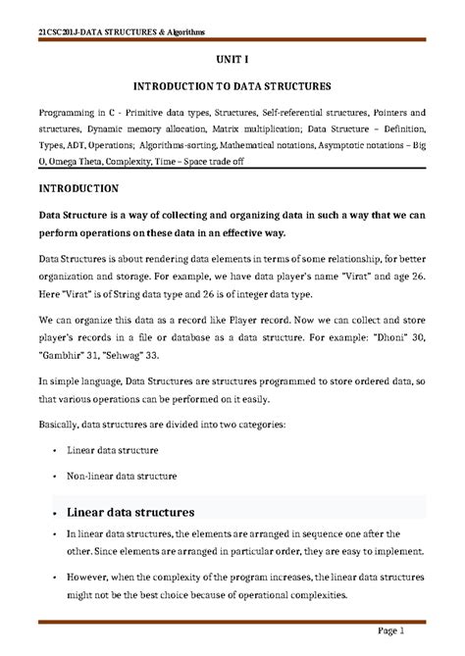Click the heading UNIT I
click(x=232, y=59)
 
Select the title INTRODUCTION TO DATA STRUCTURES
click(x=232, y=86)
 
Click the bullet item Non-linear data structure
click(x=123, y=476)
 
